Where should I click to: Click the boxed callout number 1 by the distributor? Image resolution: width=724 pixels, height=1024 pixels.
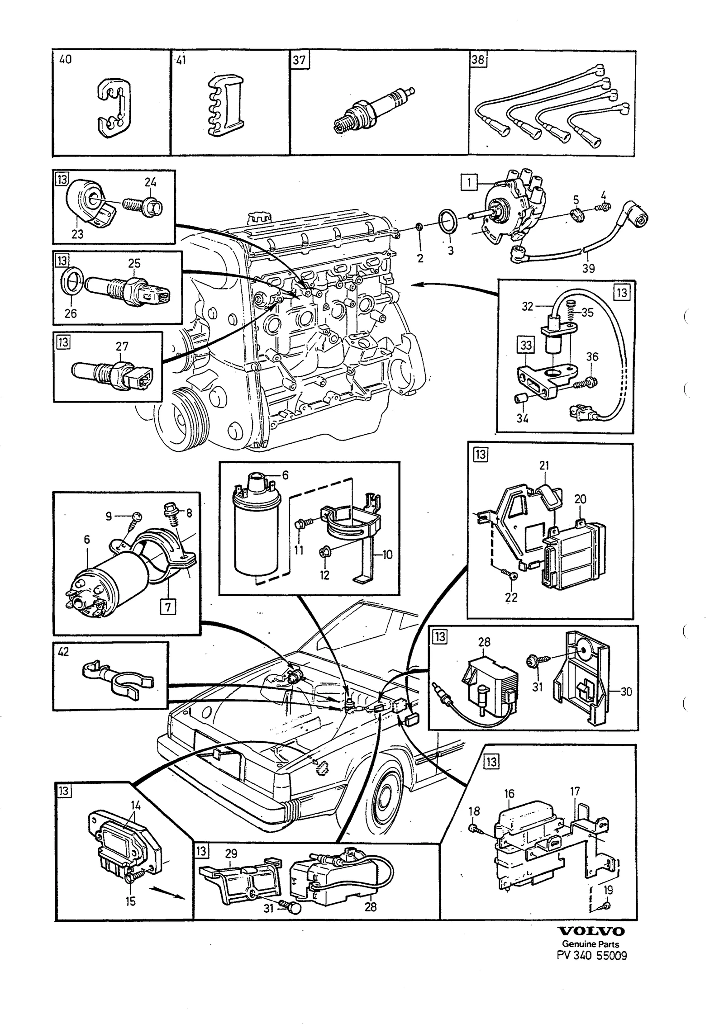[x=469, y=183]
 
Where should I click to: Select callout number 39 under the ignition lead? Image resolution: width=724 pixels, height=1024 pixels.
[x=588, y=268]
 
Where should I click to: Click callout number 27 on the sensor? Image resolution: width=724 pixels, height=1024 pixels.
[x=122, y=346]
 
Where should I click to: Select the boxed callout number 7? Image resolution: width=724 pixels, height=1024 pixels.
[x=168, y=607]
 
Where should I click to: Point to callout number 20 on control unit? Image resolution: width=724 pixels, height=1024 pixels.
[x=580, y=499]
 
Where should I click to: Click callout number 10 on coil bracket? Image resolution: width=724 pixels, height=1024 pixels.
[x=387, y=555]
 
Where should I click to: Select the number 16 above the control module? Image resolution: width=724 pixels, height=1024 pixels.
[x=509, y=794]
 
